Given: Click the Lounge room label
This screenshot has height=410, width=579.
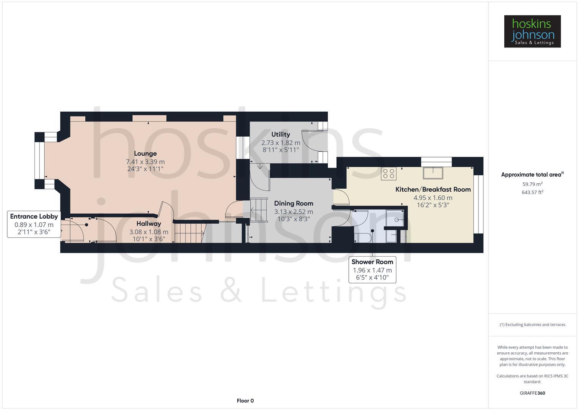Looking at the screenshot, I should [x=145, y=153].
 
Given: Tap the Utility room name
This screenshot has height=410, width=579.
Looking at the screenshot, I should [x=281, y=134].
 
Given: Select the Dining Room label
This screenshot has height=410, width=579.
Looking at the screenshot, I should [x=293, y=203].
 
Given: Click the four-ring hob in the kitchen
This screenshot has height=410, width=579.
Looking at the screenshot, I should [x=389, y=173].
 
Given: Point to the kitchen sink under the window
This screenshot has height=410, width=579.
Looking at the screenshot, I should [x=433, y=173].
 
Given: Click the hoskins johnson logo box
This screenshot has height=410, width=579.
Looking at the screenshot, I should [x=532, y=32].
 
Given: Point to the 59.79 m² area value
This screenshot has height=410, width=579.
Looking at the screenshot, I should [x=532, y=184].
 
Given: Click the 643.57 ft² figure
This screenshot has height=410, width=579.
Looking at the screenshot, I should [x=532, y=192].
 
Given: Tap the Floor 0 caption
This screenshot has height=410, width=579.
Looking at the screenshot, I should [x=245, y=401].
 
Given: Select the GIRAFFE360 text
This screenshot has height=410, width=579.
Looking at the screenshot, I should [x=532, y=393].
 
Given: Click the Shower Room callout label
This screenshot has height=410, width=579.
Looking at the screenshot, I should [x=372, y=262].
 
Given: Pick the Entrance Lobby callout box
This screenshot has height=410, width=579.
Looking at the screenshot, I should [x=34, y=224].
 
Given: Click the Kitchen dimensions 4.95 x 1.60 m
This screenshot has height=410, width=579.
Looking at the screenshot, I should [x=433, y=198].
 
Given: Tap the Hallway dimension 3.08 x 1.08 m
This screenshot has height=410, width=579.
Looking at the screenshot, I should [x=149, y=232].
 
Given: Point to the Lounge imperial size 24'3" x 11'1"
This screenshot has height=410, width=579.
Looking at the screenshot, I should [x=145, y=169].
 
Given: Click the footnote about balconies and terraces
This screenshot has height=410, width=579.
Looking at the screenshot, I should [x=532, y=325].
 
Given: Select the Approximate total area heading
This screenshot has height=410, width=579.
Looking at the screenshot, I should [x=532, y=175].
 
